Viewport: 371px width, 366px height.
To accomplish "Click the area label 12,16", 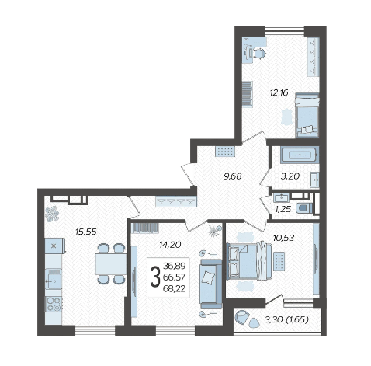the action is tap(279, 92).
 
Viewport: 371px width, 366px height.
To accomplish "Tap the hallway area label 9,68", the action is tap(232, 176).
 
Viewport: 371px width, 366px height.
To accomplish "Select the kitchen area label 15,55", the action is tap(86, 232).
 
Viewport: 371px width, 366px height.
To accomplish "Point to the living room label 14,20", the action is tap(170, 245).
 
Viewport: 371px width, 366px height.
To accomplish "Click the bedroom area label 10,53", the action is tap(283, 238).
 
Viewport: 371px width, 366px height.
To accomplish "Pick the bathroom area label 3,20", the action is tap(290, 176).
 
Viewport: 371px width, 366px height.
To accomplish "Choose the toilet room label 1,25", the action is tap(283, 209).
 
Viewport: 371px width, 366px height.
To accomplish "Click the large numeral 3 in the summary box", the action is tap(155, 277).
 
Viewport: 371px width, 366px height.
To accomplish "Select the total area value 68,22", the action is tap(174, 288).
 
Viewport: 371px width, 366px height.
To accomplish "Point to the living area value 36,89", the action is tap(175, 266).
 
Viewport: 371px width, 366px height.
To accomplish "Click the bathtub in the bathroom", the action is tap(300, 155).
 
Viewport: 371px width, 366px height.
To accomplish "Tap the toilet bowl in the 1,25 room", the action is tap(304, 208).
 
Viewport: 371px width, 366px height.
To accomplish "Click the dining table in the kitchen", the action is tap(110, 264).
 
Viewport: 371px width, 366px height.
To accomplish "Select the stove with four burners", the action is tap(54, 304).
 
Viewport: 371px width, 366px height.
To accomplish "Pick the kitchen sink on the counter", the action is tap(54, 279).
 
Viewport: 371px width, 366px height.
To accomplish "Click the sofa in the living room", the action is tap(211, 284).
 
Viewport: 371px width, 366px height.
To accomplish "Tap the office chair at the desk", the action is tap(259, 54).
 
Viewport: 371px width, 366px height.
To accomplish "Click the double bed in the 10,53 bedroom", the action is tap(249, 261).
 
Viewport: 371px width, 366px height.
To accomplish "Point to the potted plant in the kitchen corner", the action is tap(52, 214).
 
